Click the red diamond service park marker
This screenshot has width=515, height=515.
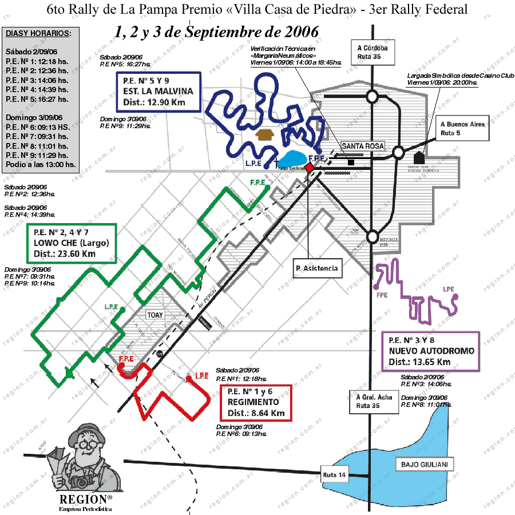309,167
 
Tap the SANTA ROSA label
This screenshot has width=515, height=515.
362,146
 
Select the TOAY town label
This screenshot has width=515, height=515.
155,315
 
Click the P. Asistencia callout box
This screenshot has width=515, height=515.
316,267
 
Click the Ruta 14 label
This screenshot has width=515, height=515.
335,474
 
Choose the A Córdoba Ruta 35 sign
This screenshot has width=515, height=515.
372,52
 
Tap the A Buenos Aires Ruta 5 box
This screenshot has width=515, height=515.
462,128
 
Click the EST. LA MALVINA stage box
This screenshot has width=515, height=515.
157,92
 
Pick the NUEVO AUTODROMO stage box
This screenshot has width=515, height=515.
431,351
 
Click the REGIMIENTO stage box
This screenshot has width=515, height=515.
256,403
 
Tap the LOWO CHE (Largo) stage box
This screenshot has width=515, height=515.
72,243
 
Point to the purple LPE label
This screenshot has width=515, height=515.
449,290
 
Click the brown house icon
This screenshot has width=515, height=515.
266,135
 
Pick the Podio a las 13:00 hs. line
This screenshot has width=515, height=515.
40,164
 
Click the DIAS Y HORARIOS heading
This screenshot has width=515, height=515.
38,33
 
